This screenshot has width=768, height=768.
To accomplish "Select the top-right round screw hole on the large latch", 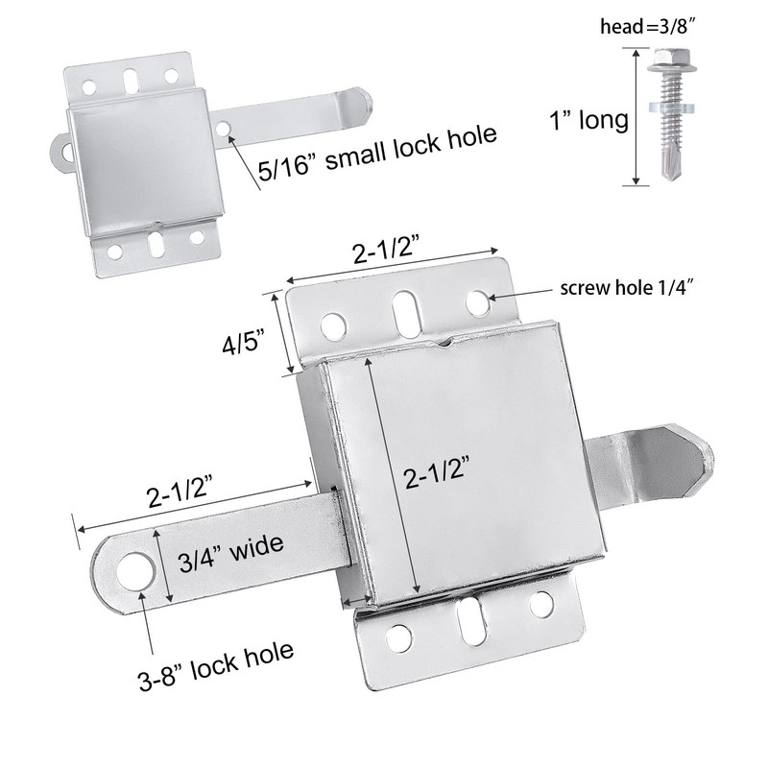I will point(477,300).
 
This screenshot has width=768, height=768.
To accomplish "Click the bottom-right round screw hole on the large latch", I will point(541,604).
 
